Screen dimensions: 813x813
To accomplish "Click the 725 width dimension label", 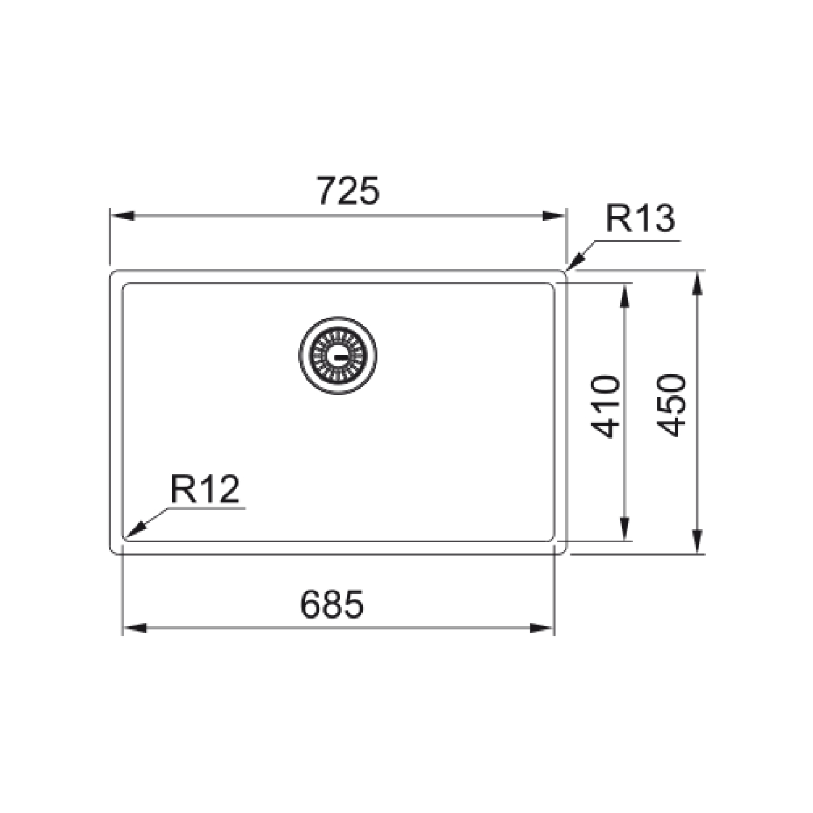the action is [x=349, y=190].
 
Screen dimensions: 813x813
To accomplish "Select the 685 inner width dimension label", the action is [x=332, y=604].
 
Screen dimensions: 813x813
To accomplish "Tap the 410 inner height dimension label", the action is [x=605, y=406].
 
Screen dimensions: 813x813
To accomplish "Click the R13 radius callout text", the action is [x=640, y=219].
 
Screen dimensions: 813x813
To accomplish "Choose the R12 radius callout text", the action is [x=205, y=489].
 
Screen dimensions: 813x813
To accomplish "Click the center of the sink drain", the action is [x=337, y=355].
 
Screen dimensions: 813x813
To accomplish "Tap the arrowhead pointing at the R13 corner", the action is [x=575, y=262].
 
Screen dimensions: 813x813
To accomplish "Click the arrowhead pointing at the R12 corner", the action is [x=135, y=530].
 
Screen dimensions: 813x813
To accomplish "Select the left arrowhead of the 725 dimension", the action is [x=123, y=215].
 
